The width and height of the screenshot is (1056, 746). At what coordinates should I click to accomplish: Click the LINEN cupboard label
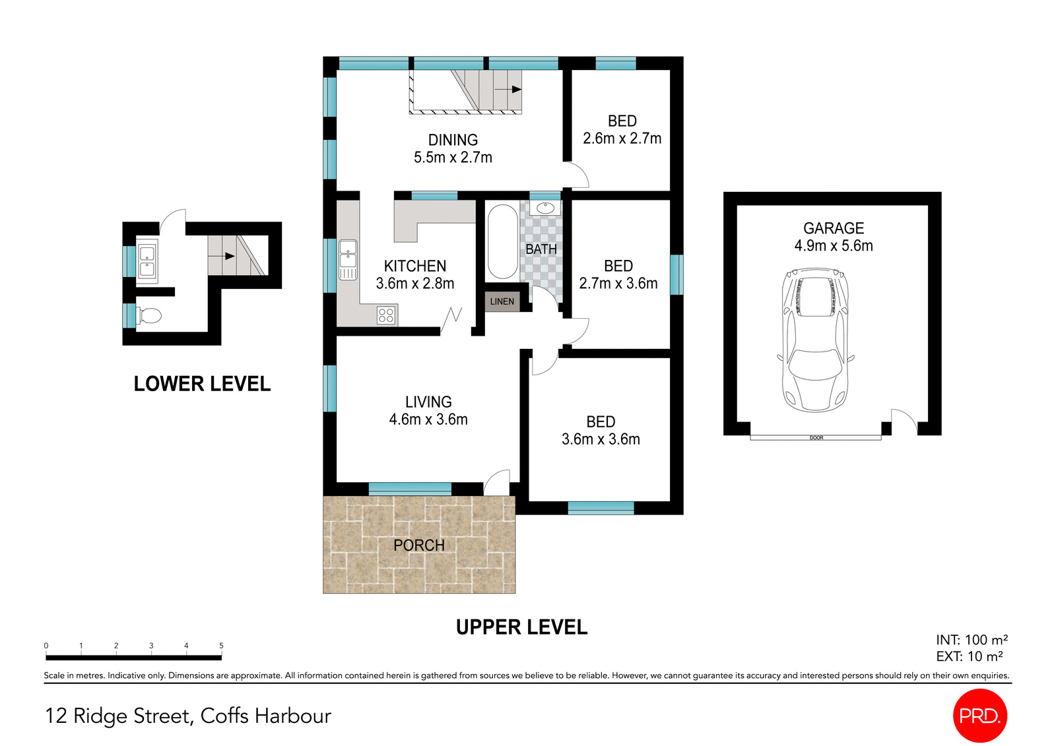[502, 301]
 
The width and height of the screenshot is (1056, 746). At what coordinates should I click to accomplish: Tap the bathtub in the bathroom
[502, 242]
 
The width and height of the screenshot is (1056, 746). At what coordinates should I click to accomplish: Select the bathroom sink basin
[545, 208]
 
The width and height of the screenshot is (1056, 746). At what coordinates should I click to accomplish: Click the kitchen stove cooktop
[386, 315]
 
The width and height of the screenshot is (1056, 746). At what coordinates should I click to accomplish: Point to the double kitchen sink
[348, 260]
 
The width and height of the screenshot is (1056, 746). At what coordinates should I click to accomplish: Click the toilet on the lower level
[150, 316]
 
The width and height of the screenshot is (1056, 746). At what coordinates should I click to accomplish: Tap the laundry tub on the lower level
[147, 261]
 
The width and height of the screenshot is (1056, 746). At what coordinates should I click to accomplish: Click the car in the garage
[815, 340]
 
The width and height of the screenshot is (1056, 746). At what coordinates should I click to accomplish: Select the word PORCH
[418, 545]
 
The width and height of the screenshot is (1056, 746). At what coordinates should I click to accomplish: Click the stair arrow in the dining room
[508, 89]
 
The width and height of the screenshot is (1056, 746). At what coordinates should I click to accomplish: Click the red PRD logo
[979, 716]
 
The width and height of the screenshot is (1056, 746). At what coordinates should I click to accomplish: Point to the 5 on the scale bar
[221, 646]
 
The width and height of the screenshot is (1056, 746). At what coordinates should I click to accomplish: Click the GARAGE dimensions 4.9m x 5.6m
[833, 245]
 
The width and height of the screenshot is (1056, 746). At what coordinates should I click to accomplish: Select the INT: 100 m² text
[972, 640]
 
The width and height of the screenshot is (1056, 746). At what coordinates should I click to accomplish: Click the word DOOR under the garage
[816, 438]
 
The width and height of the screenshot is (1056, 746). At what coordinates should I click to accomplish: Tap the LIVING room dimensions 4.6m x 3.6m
[428, 420]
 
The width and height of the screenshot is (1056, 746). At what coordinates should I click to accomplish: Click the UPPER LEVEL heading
[521, 627]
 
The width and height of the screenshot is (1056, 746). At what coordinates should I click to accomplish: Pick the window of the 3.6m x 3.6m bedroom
[601, 508]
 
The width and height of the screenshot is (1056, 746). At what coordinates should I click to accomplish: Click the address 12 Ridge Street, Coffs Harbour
[188, 716]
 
